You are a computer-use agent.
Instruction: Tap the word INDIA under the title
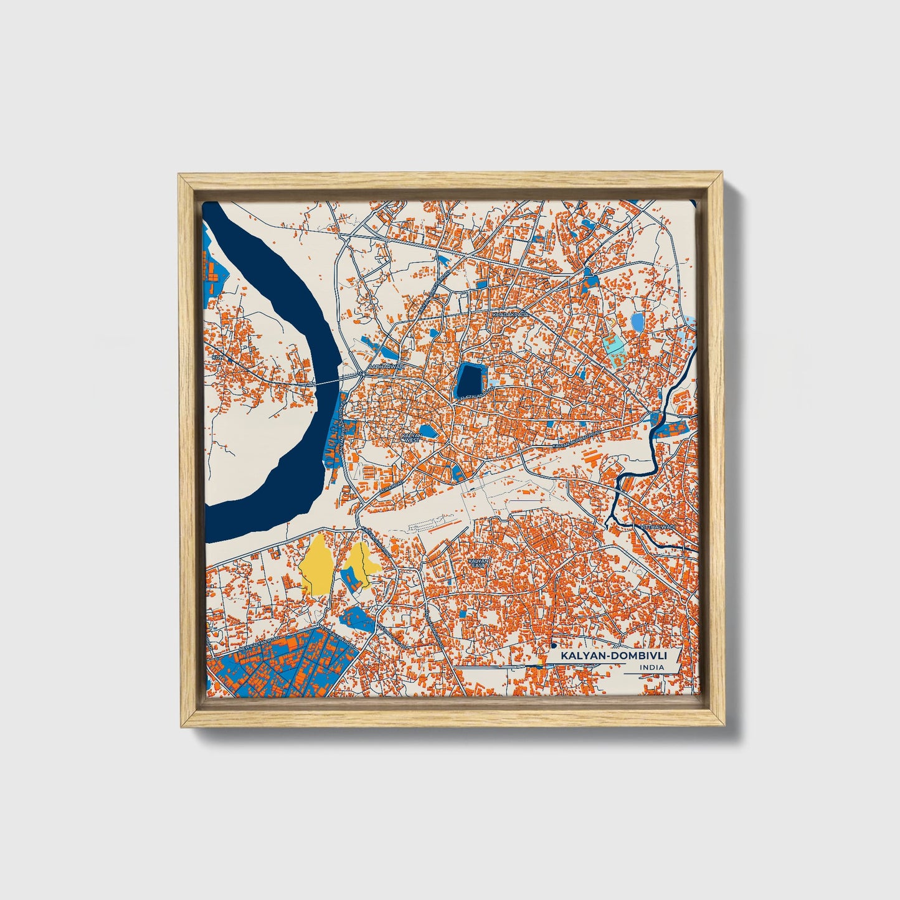(x=651, y=668)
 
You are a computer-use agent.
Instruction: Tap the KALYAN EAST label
(x=478, y=562)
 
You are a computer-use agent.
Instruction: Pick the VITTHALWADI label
(x=657, y=527)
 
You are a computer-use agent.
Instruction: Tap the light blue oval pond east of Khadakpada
(x=637, y=322)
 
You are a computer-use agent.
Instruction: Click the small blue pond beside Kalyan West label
(x=428, y=430)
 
